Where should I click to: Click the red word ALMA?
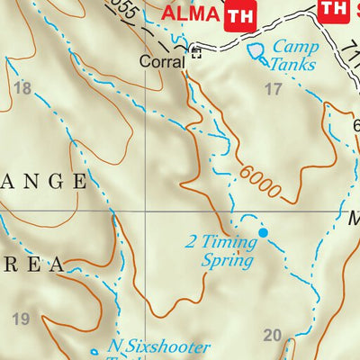click(x=190, y=14)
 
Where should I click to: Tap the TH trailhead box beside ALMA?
click(x=238, y=14)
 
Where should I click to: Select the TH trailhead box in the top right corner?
click(x=333, y=8)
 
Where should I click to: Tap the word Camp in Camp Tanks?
click(x=294, y=47)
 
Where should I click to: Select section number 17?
click(x=273, y=88)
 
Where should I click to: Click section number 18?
click(x=22, y=88)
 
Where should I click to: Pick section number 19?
click(x=22, y=319)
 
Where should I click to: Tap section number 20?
click(x=273, y=336)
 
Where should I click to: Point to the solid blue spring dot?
click(x=264, y=233)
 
